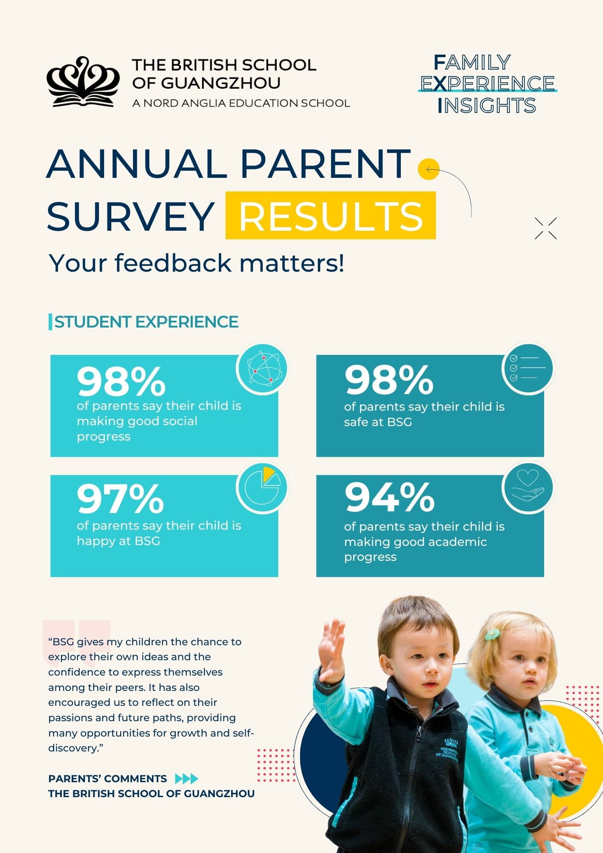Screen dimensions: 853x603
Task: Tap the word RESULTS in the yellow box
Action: [x=330, y=216]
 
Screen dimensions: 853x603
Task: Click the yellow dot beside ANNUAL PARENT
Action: [x=428, y=169]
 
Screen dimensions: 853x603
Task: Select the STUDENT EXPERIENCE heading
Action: [x=146, y=322]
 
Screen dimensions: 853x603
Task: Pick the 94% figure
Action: [x=389, y=497]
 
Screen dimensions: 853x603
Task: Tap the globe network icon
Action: [x=263, y=369]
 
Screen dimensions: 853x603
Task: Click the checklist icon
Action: [x=528, y=368]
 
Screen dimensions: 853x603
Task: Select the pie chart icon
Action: [x=263, y=487]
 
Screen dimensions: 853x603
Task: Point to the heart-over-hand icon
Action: [x=528, y=487]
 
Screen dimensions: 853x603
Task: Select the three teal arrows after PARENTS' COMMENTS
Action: [x=187, y=779]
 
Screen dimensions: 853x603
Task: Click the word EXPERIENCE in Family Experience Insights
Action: [x=487, y=84]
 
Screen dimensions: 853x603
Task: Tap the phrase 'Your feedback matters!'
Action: [x=196, y=263]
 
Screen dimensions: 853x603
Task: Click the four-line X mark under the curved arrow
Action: [x=545, y=228]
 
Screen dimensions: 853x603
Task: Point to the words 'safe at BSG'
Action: [x=378, y=422]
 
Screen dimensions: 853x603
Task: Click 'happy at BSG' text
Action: [x=118, y=541]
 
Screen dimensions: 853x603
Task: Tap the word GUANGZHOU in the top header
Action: [x=220, y=83]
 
